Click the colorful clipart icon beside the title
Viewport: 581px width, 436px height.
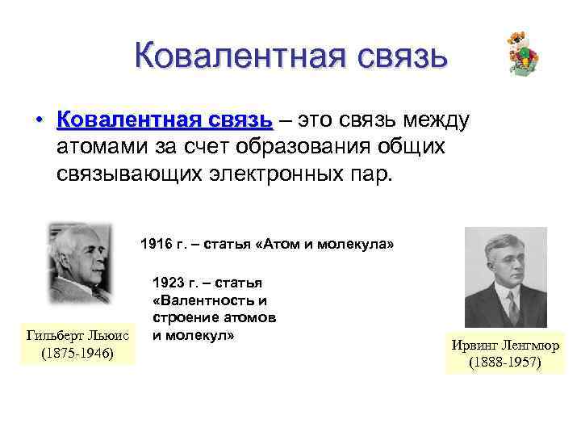[523, 55]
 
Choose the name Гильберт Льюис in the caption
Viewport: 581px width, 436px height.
[78, 336]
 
